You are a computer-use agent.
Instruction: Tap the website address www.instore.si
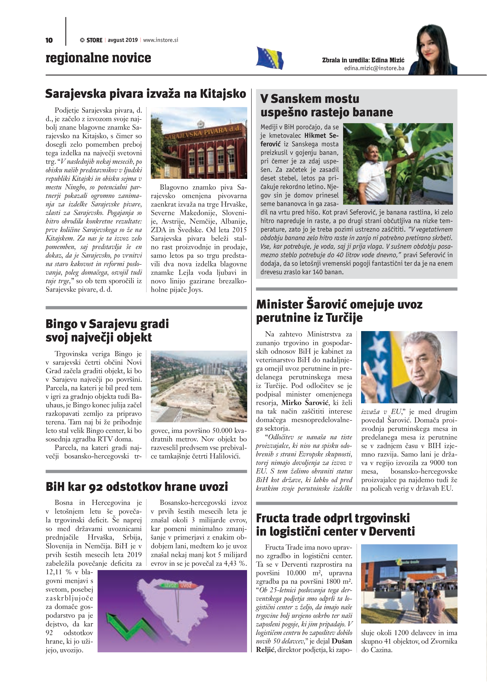(161, 40)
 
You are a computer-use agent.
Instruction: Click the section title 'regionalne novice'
(98, 58)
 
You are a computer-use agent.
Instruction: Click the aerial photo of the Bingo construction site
(199, 386)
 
